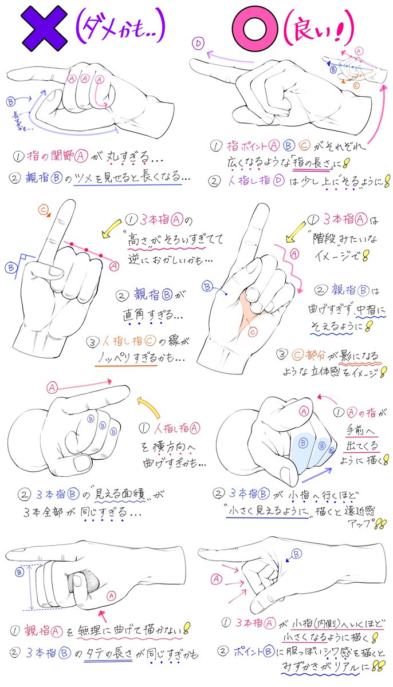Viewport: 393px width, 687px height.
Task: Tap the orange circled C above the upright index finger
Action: click(x=44, y=210)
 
